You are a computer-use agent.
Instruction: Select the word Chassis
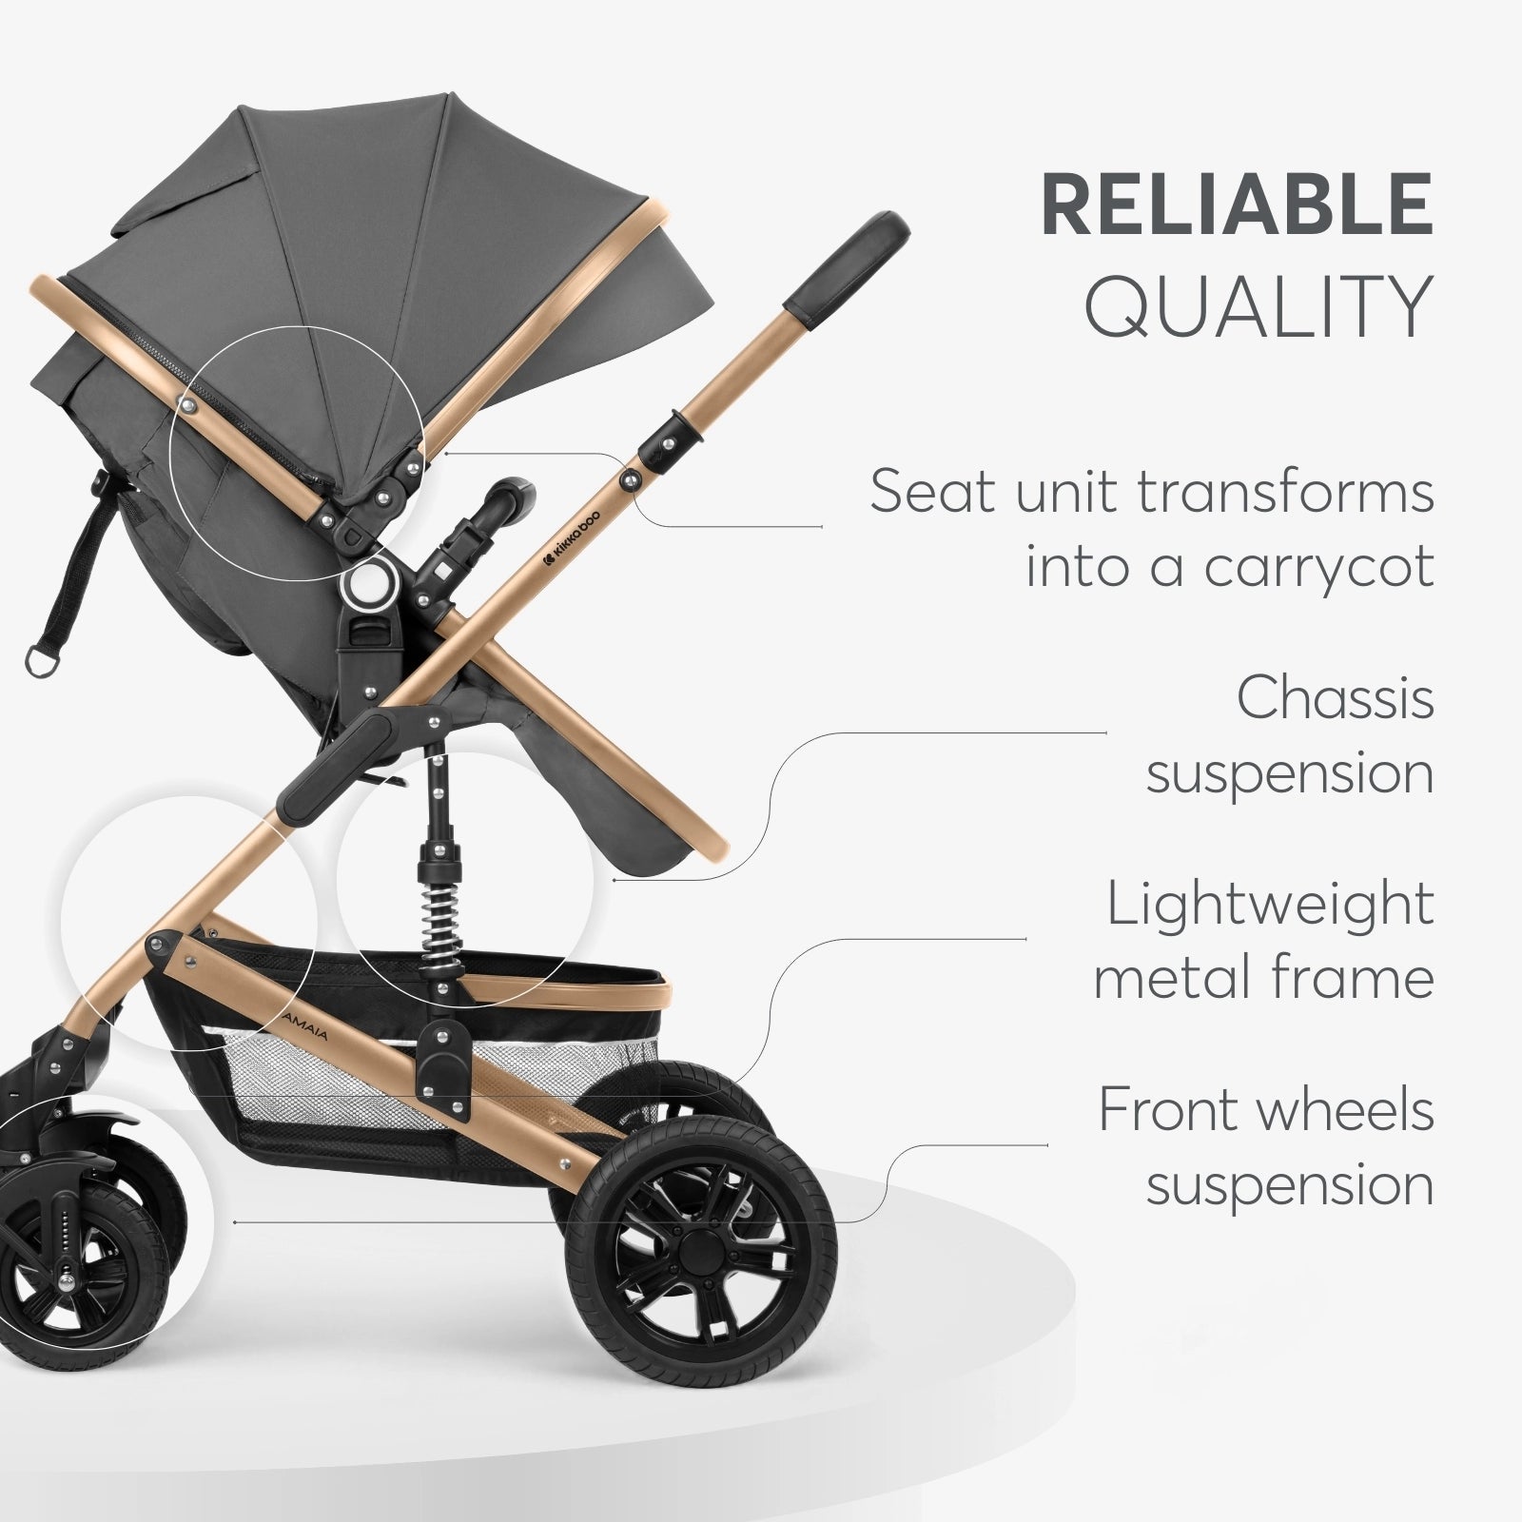1336,698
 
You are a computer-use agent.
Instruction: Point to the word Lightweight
1270,905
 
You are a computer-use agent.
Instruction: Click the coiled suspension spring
439,919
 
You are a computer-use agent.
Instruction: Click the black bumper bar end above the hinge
504,495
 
